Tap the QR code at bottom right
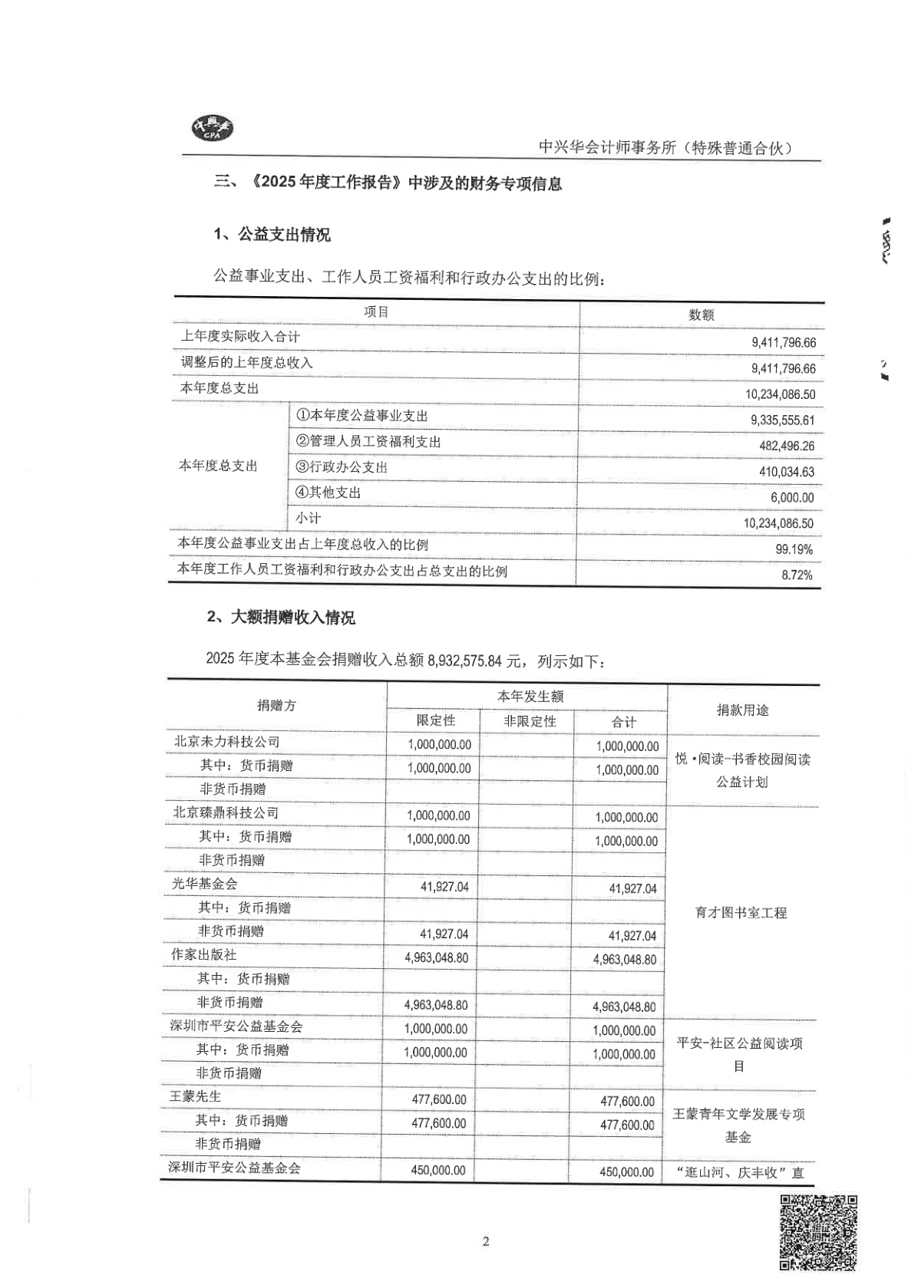(x=817, y=1231)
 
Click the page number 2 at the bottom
(x=485, y=1242)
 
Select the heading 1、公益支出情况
(x=272, y=235)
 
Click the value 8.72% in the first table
(x=797, y=575)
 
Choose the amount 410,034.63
(x=786, y=472)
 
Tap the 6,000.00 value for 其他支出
(x=792, y=498)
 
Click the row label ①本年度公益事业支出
(x=362, y=416)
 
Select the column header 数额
(x=701, y=315)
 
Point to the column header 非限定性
(x=529, y=721)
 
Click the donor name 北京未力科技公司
(x=226, y=742)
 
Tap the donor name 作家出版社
(x=203, y=954)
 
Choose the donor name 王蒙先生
(x=195, y=1096)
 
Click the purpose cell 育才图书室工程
(x=741, y=913)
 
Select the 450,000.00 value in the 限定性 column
(x=437, y=1170)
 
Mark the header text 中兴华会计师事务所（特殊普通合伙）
(x=665, y=148)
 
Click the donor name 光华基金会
(x=204, y=884)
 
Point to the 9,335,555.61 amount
(x=782, y=420)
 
